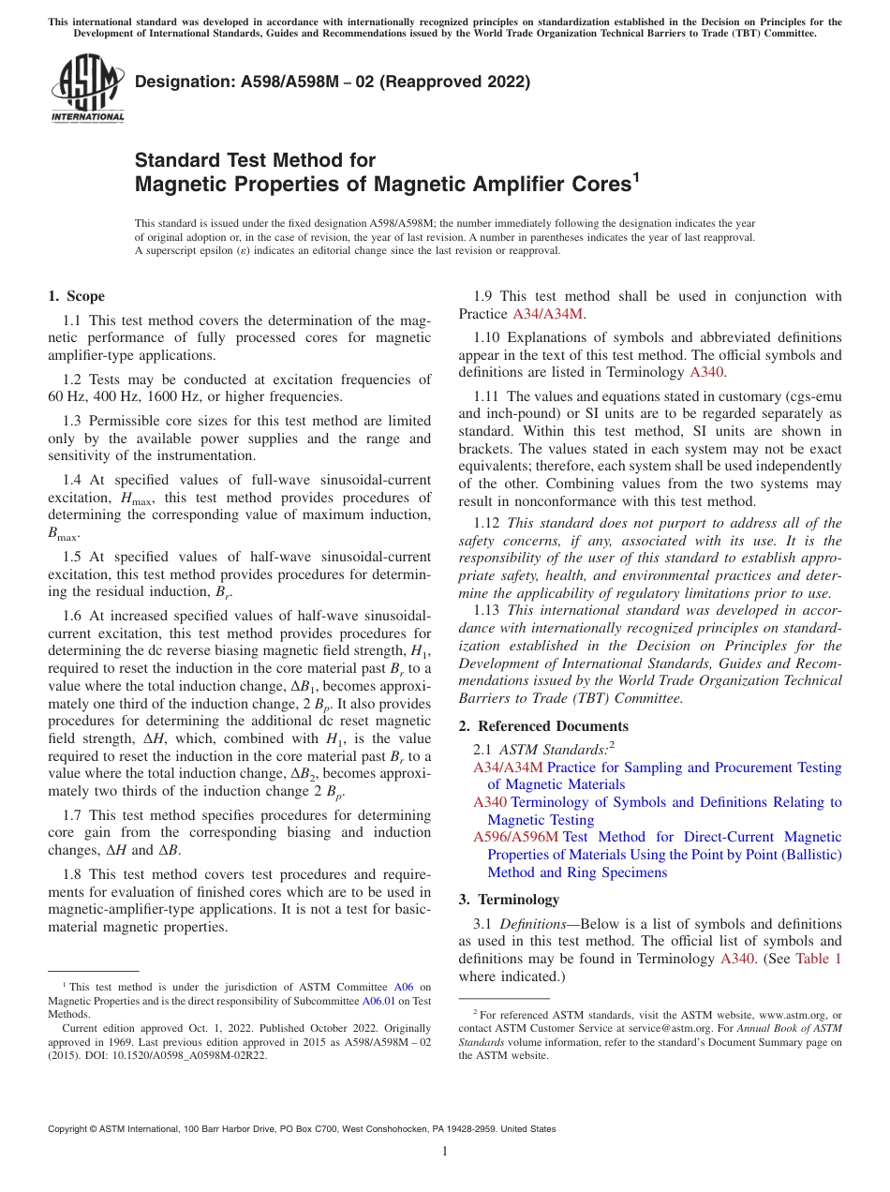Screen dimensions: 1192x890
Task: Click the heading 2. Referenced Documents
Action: (x=543, y=726)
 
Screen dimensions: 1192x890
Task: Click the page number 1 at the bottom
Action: (x=445, y=1152)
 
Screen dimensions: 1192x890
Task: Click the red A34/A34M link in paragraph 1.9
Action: (x=548, y=314)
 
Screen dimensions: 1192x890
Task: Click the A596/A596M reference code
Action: (x=515, y=837)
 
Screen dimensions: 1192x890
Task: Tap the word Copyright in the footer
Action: (x=67, y=1129)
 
